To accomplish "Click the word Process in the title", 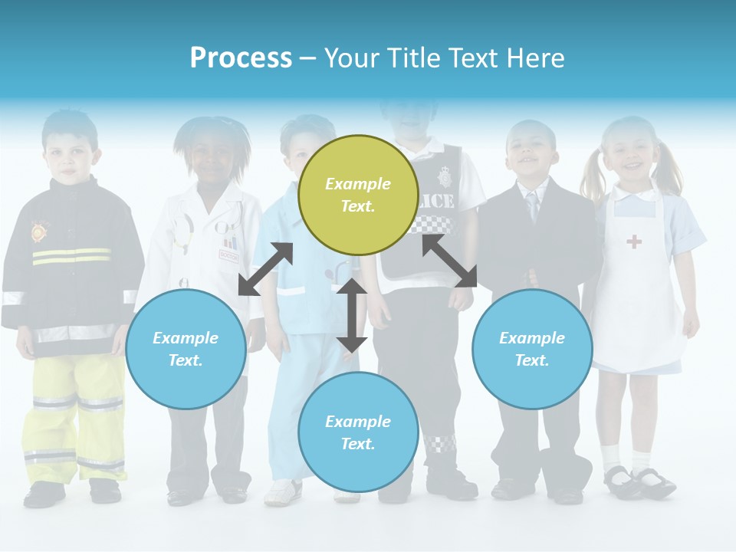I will point(241,58).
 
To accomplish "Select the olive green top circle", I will point(358,195).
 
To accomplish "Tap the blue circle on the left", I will point(186,349).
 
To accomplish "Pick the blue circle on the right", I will point(532,349).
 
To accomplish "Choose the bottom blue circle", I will point(358,432).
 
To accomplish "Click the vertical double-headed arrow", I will point(352,315).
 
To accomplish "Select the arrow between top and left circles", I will point(265,269).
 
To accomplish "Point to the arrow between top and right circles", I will point(450,261).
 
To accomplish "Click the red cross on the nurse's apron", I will point(634,242).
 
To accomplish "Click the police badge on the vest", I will point(445,178).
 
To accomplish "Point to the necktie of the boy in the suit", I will point(532,206).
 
